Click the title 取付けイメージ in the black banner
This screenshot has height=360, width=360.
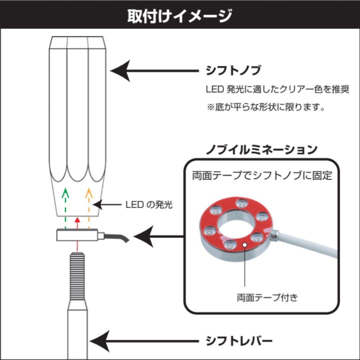point(180,16)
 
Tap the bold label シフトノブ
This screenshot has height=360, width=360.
point(233,70)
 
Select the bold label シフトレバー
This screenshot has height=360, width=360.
point(239,341)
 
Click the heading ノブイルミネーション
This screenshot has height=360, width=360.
point(262,150)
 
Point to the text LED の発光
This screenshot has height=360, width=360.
point(149,205)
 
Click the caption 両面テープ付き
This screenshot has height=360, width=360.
point(267,298)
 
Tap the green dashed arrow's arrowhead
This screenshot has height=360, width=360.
point(65,193)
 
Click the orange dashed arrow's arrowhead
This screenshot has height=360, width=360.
point(89,193)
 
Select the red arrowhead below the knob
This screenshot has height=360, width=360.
point(77,220)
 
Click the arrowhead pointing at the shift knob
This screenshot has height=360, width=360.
point(121,71)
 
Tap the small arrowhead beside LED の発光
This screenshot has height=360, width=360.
point(97,204)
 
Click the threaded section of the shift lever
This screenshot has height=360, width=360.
point(77,276)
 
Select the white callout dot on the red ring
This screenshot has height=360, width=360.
point(245,245)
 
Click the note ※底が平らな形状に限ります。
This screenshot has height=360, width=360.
point(266,107)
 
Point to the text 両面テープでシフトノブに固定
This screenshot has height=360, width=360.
point(262,176)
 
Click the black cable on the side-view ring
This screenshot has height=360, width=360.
point(117,237)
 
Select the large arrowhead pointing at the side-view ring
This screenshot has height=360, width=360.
point(144,236)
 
